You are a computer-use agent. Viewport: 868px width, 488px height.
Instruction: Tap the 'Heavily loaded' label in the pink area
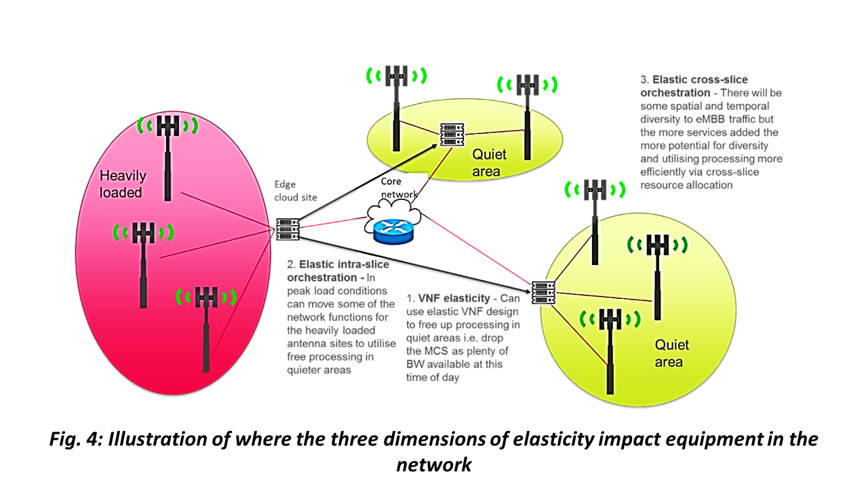[x=123, y=184]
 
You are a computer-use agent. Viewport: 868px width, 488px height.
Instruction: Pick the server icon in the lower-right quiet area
[x=544, y=292]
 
